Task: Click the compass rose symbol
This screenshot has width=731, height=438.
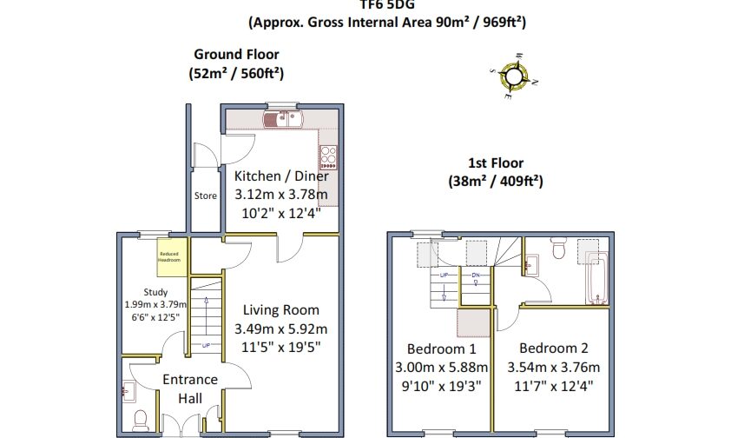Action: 513,77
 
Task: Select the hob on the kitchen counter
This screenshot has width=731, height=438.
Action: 329,156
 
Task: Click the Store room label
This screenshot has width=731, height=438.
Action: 206,196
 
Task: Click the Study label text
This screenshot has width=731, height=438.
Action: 156,293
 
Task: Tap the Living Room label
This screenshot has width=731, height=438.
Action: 280,309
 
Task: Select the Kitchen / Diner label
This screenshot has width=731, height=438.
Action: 281,176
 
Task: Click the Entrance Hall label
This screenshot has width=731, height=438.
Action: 190,388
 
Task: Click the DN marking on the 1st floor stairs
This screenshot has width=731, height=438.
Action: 476,275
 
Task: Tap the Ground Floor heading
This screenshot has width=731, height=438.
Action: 236,54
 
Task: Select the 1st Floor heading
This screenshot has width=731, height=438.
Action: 496,163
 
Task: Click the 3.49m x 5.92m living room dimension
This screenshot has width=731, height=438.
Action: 280,329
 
